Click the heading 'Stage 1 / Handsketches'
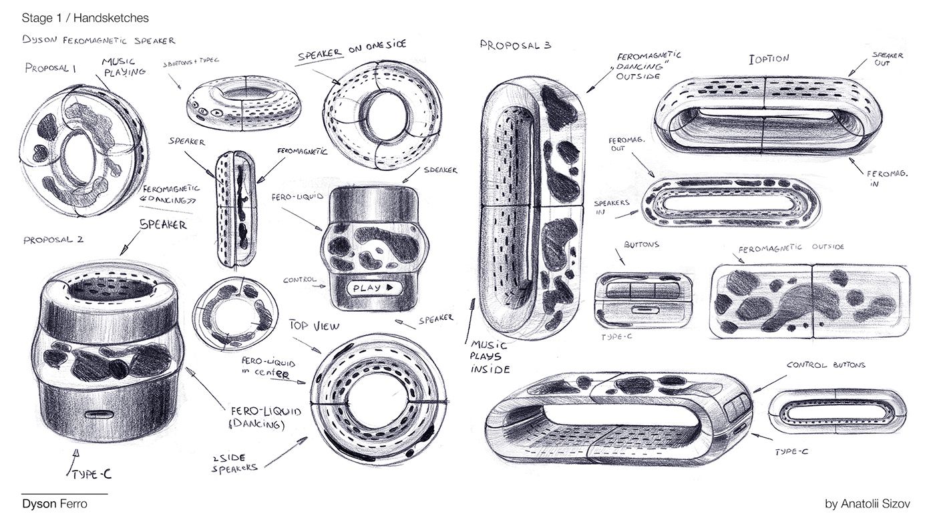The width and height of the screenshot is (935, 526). (x=85, y=17)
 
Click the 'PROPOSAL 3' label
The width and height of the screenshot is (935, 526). (x=515, y=45)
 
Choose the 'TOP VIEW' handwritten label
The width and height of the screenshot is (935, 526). (x=314, y=326)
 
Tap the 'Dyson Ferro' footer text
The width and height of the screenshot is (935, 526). (x=54, y=504)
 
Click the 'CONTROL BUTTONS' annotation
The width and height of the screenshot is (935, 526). (x=825, y=365)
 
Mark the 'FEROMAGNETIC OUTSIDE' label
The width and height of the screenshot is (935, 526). (x=791, y=247)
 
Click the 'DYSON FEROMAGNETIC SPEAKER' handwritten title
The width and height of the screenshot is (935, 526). (x=98, y=41)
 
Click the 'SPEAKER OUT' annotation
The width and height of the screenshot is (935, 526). (x=888, y=59)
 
